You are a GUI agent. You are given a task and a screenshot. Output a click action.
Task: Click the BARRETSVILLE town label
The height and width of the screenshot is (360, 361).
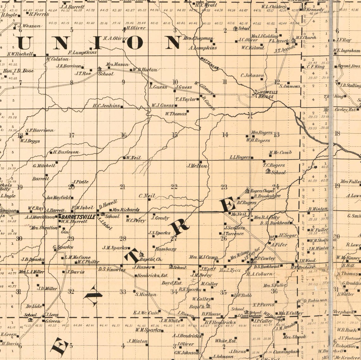click(78, 217)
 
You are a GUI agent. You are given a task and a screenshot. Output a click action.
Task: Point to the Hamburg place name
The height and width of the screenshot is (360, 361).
click(165, 249)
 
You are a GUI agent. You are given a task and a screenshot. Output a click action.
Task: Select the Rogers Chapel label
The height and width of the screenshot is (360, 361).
click(262, 191)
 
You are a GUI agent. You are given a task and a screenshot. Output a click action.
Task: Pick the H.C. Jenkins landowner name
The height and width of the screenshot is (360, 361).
click(106, 106)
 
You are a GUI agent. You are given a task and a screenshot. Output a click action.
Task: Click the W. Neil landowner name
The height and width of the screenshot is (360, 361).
click(133, 157)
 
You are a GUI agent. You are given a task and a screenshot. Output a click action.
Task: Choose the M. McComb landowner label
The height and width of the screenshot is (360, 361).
click(280, 153)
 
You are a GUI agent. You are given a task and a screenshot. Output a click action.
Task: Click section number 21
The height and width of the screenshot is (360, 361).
click(123, 186)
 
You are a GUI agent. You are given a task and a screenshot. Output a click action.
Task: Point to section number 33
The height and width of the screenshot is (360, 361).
click(123, 292)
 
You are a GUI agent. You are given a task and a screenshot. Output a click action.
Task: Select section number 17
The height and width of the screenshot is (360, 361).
click(72, 136)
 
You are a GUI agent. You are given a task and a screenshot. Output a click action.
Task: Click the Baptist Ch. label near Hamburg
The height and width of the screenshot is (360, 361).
click(151, 259)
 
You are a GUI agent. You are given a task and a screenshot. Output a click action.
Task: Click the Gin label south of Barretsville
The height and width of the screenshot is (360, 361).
click(65, 232)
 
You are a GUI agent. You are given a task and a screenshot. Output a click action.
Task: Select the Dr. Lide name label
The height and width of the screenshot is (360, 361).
click(34, 306)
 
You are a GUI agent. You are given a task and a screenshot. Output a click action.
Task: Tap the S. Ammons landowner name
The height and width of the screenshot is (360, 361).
click(289, 86)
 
